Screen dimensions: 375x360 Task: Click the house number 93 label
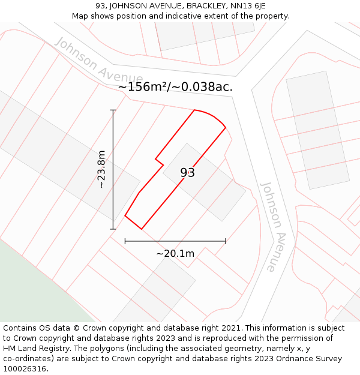click(187, 173)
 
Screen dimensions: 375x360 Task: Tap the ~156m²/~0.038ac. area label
click(175, 87)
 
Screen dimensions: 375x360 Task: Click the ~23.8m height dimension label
click(101, 169)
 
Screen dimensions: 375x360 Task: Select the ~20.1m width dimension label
click(175, 253)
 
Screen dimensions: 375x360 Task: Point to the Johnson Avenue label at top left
click(99, 61)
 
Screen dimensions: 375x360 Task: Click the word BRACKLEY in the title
click(202, 6)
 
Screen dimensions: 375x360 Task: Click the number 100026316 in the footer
click(25, 368)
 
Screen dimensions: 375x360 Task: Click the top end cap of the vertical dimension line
click(113, 110)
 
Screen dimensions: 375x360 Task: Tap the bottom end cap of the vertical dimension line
click(113, 229)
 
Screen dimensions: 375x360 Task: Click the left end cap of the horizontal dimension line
click(125, 241)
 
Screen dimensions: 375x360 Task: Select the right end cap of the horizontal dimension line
click(226, 241)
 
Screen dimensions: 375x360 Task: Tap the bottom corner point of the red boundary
click(142, 229)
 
